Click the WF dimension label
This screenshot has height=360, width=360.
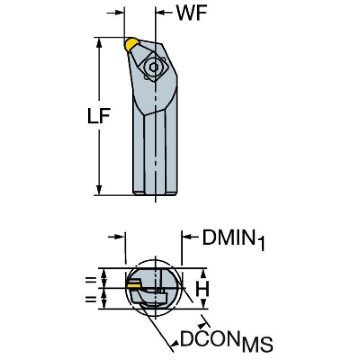(191, 13)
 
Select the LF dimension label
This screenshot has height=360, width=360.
(99, 116)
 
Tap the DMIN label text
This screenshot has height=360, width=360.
(229, 237)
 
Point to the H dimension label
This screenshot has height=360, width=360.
(202, 289)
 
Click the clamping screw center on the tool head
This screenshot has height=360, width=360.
(153, 67)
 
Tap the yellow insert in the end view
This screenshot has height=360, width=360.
(133, 285)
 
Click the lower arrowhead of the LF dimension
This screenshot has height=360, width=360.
(99, 190)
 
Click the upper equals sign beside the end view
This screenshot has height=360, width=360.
(91, 280)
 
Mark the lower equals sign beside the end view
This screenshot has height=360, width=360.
(91, 299)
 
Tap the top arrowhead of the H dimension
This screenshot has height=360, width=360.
(203, 273)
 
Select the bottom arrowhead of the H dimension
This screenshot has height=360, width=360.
(203, 304)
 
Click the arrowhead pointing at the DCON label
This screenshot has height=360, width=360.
(176, 344)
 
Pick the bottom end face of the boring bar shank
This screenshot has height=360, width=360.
(155, 194)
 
